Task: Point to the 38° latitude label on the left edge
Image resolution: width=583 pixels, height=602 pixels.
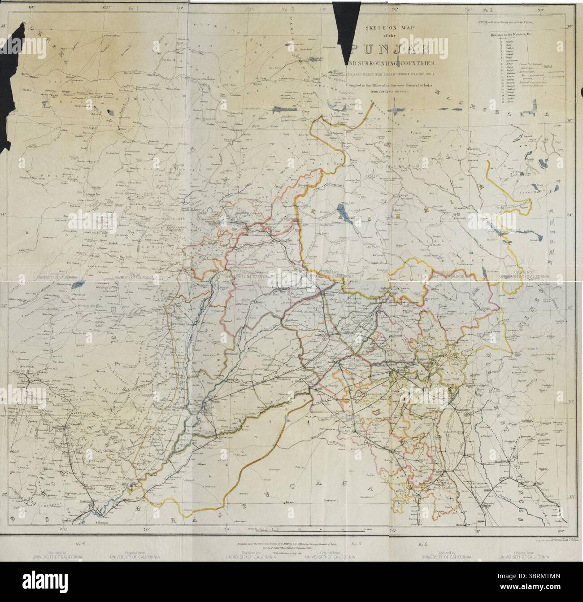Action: pos(4,26)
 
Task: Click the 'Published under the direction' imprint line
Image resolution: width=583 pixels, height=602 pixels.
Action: pos(291,543)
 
